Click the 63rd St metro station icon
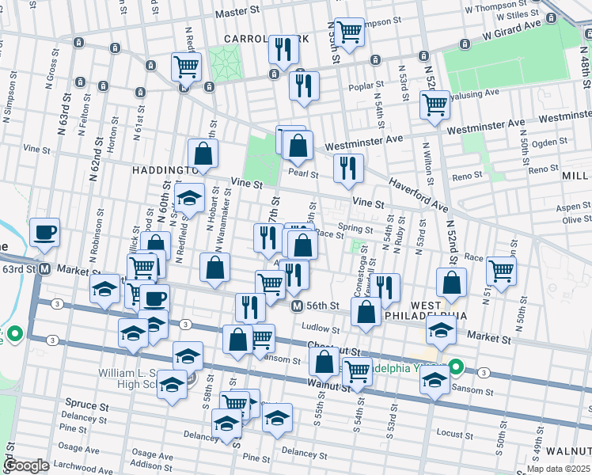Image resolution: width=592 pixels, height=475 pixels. point(45,269)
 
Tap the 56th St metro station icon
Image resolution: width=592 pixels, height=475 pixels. point(297,306)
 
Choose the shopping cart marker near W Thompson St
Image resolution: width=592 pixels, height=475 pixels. point(348,32)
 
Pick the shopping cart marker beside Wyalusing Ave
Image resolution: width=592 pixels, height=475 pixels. point(435,104)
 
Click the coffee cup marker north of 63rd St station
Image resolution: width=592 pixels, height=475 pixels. point(44,233)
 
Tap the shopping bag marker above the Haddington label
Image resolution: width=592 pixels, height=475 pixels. point(203,154)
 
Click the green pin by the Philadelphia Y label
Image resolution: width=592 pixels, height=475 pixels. point(456,367)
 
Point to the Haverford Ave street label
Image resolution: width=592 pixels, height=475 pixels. point(418,195)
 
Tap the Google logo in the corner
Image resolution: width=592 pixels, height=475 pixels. point(26,465)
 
